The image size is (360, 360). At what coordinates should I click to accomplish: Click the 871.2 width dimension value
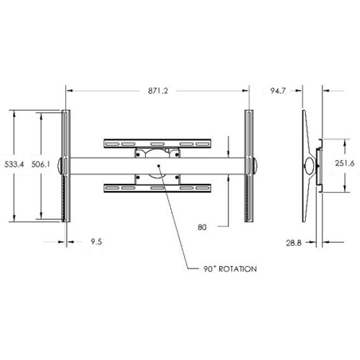[158, 91]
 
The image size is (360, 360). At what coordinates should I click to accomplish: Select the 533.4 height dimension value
[14, 164]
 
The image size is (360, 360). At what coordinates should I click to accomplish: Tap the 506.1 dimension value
[41, 164]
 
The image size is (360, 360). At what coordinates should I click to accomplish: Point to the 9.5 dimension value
[96, 241]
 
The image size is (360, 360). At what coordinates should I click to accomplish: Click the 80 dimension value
[202, 227]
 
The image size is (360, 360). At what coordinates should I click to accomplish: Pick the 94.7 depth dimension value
[278, 91]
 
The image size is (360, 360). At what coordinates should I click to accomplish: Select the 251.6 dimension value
[345, 163]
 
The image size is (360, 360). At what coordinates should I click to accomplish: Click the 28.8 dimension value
[294, 243]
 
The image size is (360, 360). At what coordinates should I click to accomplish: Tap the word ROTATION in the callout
[237, 269]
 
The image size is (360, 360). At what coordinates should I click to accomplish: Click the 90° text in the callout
[209, 269]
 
